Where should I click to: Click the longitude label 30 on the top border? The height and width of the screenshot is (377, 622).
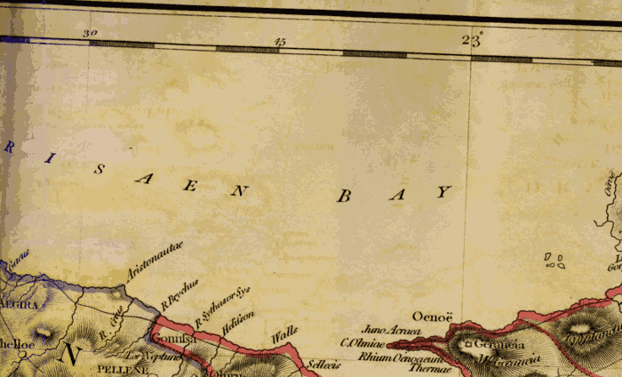pyautogui.click(x=89, y=34)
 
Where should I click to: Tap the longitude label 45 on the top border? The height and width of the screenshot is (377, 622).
pyautogui.click(x=281, y=41)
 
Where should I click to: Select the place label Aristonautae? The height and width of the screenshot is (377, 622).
pyautogui.click(x=154, y=261)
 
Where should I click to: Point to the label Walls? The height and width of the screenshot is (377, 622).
pyautogui.click(x=283, y=335)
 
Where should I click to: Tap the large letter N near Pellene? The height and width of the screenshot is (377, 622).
pyautogui.click(x=71, y=356)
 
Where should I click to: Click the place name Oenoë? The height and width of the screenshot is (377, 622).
pyautogui.click(x=433, y=315)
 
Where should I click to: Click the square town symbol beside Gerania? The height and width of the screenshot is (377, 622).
pyautogui.click(x=467, y=344)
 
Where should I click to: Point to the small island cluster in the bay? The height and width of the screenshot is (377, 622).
pyautogui.click(x=555, y=261)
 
